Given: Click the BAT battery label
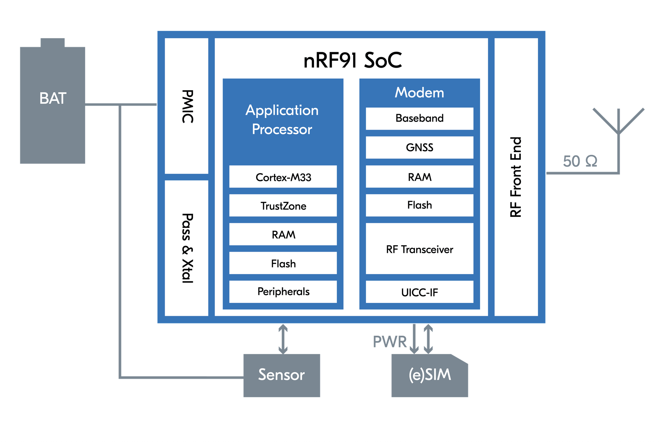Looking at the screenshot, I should [x=52, y=98].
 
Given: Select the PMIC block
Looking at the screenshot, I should [x=187, y=106].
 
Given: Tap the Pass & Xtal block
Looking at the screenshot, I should [x=187, y=248].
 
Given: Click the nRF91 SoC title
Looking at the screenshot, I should [x=352, y=60].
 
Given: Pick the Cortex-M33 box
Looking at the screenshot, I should [x=283, y=177].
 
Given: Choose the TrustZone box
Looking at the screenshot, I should [x=283, y=206].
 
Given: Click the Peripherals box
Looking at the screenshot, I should [x=283, y=292].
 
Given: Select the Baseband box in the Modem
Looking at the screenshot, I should [x=419, y=118].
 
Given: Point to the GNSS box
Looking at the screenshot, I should [x=419, y=147].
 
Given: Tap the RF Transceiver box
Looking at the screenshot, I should [x=419, y=249].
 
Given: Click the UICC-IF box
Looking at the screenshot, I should [x=419, y=292].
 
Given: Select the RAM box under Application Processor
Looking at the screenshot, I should [x=283, y=235].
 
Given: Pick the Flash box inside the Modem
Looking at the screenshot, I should [x=419, y=205].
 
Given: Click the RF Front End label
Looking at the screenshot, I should [x=516, y=177].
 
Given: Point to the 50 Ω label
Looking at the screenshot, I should [x=580, y=161].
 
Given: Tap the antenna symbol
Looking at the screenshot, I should [x=618, y=123].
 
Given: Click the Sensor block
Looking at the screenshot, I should [x=281, y=375].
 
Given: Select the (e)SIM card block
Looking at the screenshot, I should [x=429, y=375].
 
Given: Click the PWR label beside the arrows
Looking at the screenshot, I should [x=390, y=342].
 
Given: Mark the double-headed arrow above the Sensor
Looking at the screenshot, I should [x=283, y=339].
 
